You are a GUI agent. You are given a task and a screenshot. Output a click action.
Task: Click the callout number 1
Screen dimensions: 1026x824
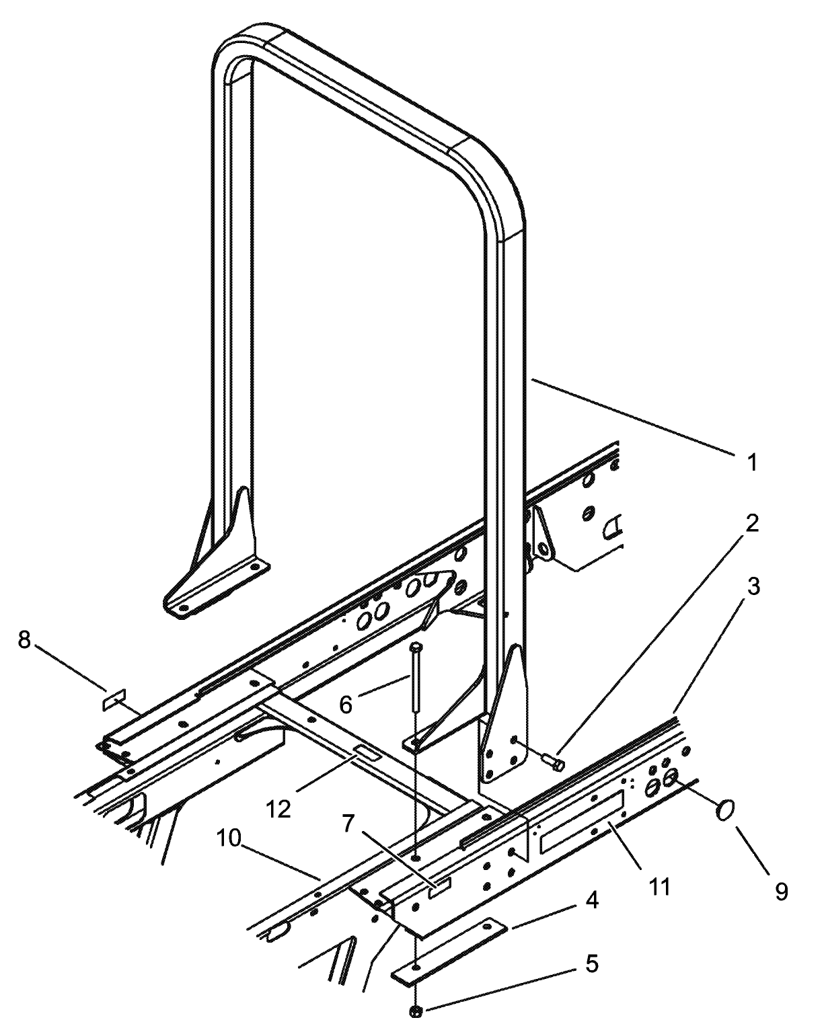(x=753, y=463)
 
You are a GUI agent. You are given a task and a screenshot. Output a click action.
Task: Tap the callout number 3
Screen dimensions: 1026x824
(x=753, y=586)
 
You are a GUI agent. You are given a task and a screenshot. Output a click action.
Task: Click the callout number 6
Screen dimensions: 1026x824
(x=346, y=705)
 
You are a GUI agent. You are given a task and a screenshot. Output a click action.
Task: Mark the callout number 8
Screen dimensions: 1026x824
(x=24, y=639)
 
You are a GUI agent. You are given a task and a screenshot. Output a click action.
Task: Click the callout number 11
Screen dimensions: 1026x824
(x=660, y=886)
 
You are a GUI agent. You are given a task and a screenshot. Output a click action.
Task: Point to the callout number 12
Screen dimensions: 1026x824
(x=278, y=808)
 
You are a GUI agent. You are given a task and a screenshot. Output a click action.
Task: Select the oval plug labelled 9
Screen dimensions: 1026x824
(x=726, y=810)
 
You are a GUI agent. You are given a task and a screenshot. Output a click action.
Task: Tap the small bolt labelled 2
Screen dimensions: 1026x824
(x=552, y=760)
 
